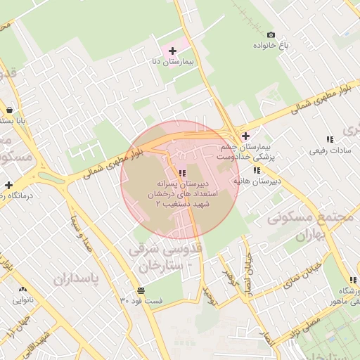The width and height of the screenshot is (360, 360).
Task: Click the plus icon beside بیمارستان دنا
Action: [173, 51]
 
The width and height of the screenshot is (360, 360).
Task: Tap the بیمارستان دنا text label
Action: [173, 62]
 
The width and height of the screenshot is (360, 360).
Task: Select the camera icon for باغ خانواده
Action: [271, 34]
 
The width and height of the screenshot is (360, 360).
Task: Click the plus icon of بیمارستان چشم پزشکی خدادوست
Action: [245, 136]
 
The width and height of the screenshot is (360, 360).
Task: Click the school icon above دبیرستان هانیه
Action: [258, 169]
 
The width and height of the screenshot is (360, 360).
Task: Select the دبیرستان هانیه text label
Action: [257, 181]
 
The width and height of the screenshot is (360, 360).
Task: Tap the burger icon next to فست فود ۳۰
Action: [141, 290]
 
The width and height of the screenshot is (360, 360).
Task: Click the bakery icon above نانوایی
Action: [23, 289]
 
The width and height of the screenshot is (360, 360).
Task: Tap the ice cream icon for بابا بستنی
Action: [8, 110]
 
